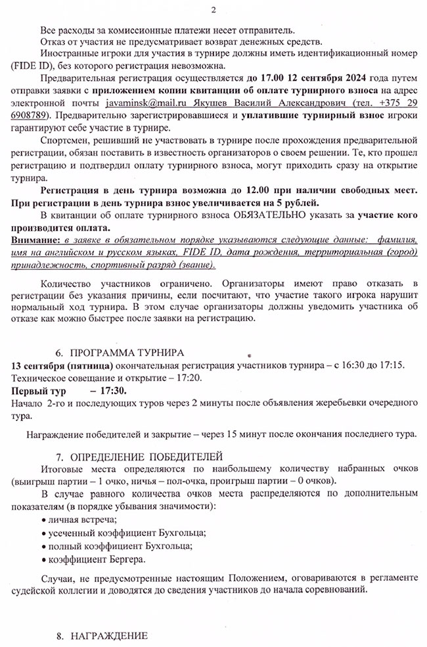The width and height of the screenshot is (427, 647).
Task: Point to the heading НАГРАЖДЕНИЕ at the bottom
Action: (x=109, y=636)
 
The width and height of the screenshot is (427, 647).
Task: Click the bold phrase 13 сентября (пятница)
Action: (x=60, y=365)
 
